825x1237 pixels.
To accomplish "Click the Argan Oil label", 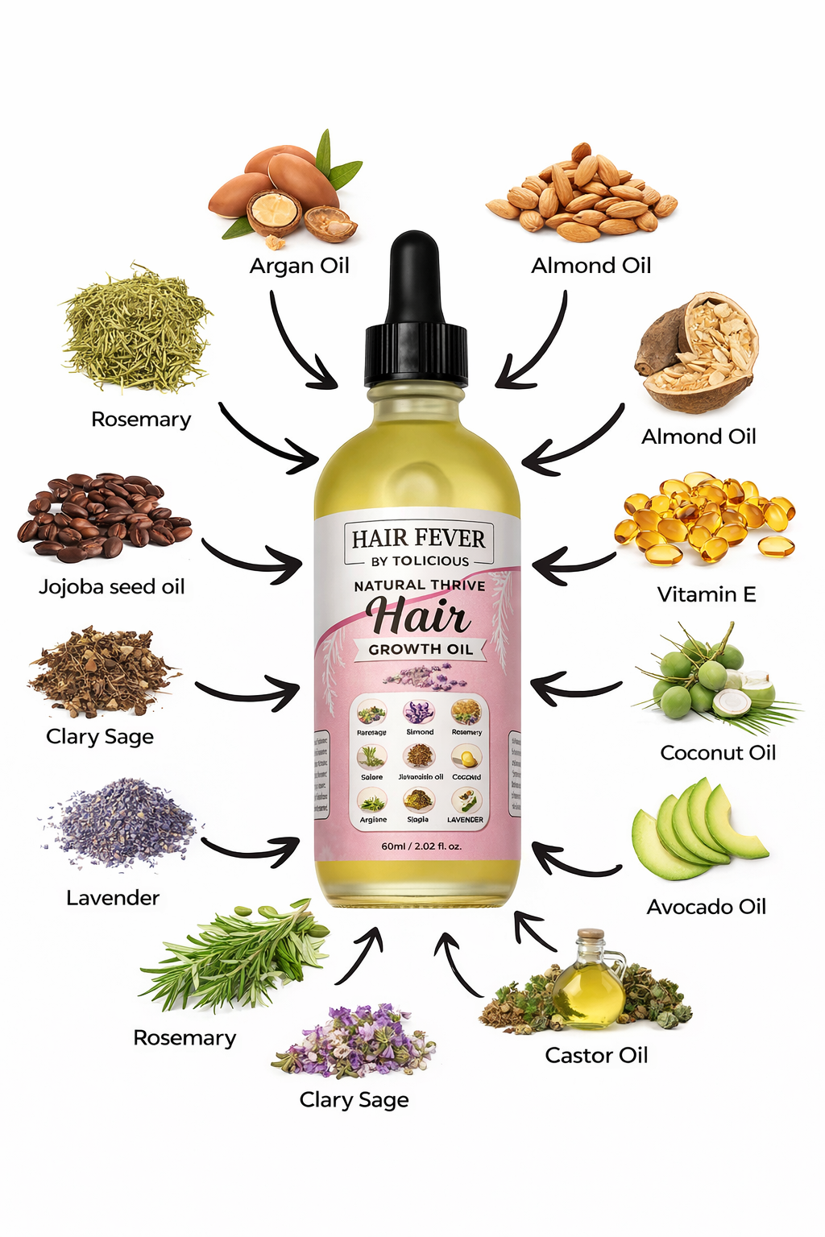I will coord(299,266).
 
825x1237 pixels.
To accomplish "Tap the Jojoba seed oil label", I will coord(112,587).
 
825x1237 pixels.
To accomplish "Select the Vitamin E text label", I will coord(707,594).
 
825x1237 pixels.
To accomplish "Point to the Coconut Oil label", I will coord(718,753).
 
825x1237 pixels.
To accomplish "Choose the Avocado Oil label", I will coord(706,907).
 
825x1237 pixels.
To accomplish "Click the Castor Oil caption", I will coord(596,1055).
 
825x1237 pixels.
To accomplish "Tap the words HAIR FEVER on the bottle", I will coord(418,538).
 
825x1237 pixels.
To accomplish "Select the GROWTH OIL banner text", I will coord(421,649).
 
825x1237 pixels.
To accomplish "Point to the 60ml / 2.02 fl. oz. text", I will coord(421,846).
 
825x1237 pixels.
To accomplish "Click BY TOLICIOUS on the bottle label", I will coord(420,561).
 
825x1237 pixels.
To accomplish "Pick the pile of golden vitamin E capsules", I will coord(704,517).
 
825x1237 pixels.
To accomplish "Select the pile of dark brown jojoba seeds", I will coord(102,515).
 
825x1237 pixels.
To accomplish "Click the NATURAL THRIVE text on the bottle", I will coord(420,585).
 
